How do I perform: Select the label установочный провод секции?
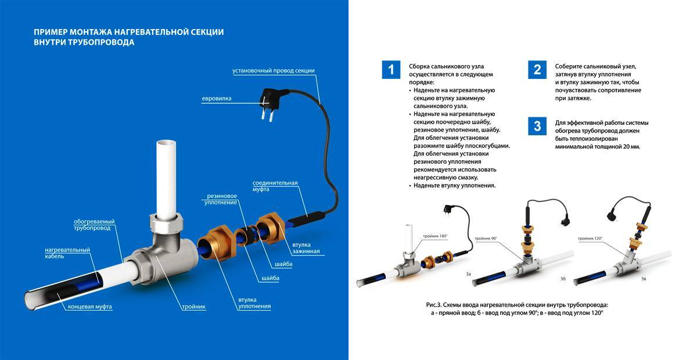pyautogui.click(x=273, y=71)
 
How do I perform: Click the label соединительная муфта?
pyautogui.click(x=275, y=186)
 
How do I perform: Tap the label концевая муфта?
pyautogui.click(x=90, y=306)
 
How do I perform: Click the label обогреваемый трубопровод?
pyautogui.click(x=94, y=225)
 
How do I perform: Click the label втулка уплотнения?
pyautogui.click(x=254, y=303)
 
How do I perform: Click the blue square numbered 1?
pyautogui.click(x=391, y=70)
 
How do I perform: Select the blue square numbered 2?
pyautogui.click(x=537, y=70)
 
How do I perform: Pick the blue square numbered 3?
pyautogui.click(x=537, y=126)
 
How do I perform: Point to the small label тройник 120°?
pyautogui.click(x=590, y=239)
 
